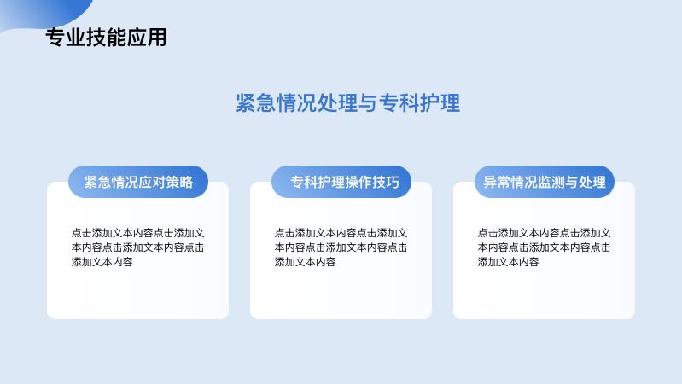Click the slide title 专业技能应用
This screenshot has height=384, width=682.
(106, 37)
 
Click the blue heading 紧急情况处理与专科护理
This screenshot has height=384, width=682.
(348, 103)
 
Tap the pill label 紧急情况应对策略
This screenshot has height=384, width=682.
(138, 182)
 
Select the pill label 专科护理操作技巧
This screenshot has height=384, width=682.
(345, 182)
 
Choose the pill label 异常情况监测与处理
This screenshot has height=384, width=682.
(545, 182)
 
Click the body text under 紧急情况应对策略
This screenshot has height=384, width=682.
(138, 247)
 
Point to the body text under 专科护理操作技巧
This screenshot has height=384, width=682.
(341, 247)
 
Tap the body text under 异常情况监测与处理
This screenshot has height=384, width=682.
(544, 247)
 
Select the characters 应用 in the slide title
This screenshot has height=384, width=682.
(147, 37)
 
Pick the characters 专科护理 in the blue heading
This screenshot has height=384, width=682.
(419, 103)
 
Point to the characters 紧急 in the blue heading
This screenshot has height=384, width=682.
(256, 103)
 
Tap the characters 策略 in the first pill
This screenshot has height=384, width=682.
(179, 182)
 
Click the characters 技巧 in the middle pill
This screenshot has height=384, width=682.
(386, 182)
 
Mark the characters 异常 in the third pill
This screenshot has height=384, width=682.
(497, 182)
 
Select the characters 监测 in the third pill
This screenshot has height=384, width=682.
(551, 182)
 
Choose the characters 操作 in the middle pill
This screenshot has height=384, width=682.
(358, 182)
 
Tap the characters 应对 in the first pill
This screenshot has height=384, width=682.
(152, 182)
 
